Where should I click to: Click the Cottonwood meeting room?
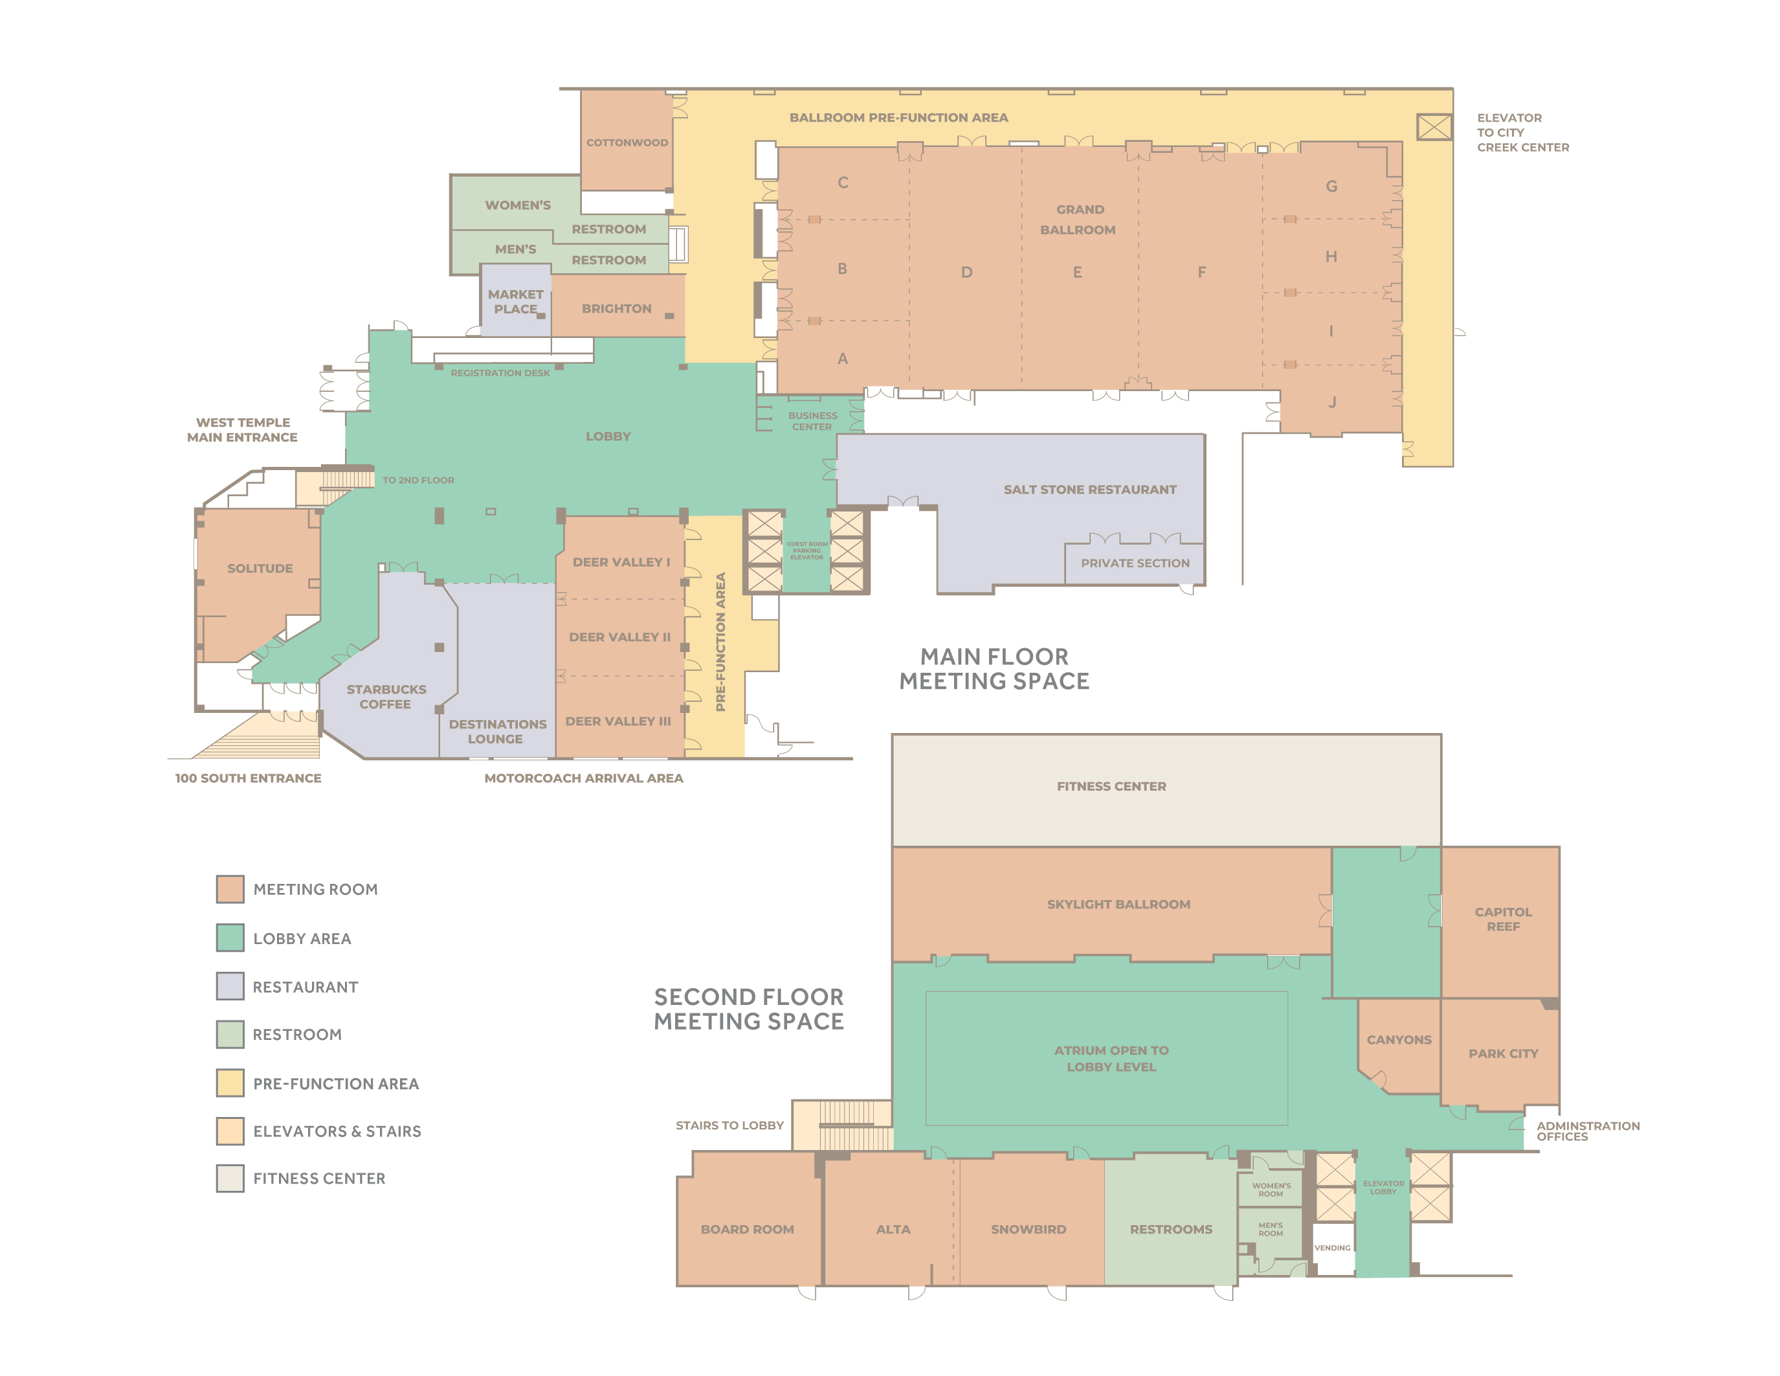626,142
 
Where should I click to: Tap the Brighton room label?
616,308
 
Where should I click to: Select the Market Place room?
515,301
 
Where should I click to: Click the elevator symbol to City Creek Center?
1434,126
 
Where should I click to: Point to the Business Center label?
812,421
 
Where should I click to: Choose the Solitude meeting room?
259,568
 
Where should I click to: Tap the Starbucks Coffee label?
386,696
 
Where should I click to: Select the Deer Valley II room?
619,637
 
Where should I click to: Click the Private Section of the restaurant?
1135,563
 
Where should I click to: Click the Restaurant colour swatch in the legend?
230,986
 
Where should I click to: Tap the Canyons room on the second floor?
1399,1039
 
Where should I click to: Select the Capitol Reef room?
1502,919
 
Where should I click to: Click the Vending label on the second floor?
1331,1247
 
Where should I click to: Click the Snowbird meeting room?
1028,1228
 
